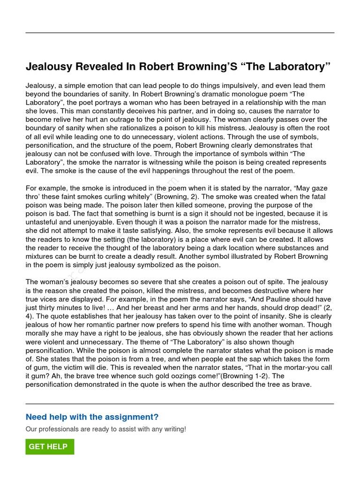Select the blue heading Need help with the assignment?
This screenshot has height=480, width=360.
click(92, 417)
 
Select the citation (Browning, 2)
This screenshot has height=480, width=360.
click(175, 197)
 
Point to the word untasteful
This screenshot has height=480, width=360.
click(42, 222)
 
